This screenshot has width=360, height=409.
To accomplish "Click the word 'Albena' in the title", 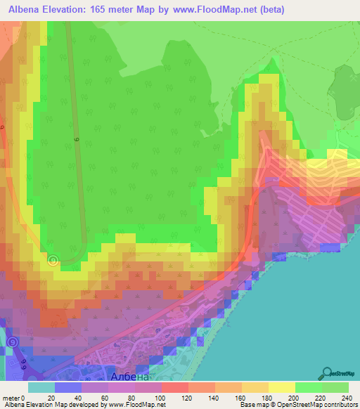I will (30, 8).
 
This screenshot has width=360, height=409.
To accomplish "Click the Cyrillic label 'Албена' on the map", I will (130, 377).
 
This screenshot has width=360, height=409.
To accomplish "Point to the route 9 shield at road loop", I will (53, 260).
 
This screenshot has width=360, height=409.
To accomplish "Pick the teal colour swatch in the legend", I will (41, 387).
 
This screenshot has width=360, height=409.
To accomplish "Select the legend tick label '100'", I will (161, 397).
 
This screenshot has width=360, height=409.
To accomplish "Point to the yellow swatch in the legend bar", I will (282, 387).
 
